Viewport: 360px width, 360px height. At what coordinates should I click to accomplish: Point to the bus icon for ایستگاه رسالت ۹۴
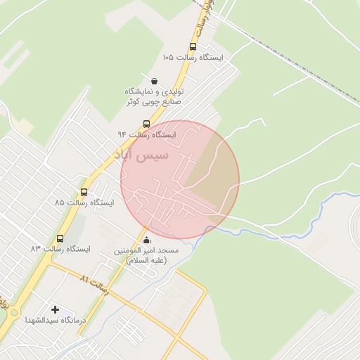coord(146,124)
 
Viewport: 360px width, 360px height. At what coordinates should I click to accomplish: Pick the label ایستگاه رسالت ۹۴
coord(147,134)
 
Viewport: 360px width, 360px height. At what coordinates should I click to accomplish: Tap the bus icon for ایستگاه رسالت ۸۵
coord(84,192)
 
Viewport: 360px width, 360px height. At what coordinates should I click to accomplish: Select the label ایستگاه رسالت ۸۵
coord(84,202)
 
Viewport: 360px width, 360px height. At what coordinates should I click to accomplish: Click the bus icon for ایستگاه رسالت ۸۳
coord(60,238)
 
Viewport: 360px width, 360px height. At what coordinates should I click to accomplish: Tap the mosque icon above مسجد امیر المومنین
coord(146,241)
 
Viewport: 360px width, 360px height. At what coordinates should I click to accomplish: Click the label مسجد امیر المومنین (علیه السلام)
coord(148,255)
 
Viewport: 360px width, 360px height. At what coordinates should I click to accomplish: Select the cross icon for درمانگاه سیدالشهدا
coord(56,309)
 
